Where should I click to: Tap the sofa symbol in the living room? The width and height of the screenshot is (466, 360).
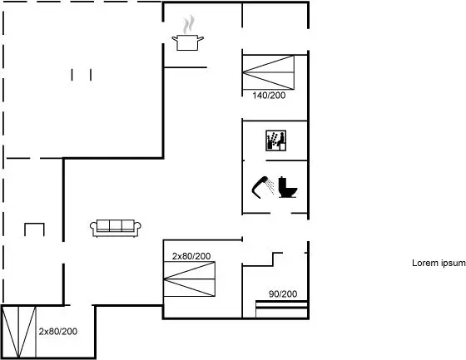[x=116, y=229]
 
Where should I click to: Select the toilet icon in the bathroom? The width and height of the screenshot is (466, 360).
[x=288, y=187]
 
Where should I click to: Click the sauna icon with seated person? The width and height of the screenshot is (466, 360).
[x=275, y=141]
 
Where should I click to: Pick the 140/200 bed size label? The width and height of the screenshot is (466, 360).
[x=269, y=96]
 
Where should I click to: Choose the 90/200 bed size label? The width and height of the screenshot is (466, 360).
[x=283, y=294]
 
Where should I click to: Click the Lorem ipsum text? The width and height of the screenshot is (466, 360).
[x=439, y=263]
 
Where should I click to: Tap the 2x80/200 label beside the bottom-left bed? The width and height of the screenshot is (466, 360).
[x=58, y=332]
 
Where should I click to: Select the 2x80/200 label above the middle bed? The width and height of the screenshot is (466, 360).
[x=191, y=256]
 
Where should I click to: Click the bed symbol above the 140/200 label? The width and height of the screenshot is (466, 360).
[x=268, y=72]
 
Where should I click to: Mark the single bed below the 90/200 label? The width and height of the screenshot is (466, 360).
[x=281, y=309]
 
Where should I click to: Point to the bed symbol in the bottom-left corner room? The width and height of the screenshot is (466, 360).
[x=19, y=332]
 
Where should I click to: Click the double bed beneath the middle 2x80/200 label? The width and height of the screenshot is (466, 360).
[x=190, y=279]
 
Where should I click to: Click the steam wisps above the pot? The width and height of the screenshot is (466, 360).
[x=189, y=24]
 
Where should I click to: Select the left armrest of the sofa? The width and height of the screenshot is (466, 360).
[x=93, y=227]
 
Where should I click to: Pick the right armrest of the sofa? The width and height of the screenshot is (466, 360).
[x=137, y=227]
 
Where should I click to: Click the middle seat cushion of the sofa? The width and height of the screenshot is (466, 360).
[x=116, y=225]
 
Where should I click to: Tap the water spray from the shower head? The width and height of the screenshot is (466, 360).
[x=270, y=185]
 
